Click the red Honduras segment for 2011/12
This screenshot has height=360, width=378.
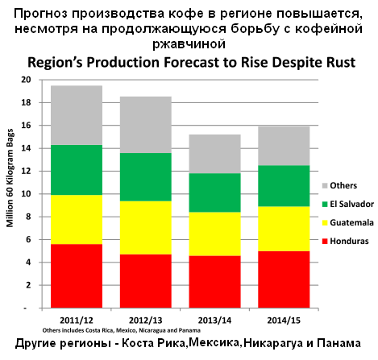77,276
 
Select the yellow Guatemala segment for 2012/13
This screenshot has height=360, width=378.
146,228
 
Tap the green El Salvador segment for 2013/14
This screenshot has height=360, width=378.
214,192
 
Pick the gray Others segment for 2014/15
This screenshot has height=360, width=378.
284,146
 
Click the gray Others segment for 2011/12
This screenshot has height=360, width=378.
77,115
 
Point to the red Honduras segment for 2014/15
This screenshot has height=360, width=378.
284,279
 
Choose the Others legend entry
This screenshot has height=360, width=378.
339,185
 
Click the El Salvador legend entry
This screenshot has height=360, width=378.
348,204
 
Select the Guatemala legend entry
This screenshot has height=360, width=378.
348,222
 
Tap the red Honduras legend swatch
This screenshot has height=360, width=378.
325,241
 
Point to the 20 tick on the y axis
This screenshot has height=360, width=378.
27,80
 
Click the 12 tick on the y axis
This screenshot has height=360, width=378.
27,171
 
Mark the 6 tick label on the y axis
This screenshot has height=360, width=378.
28,239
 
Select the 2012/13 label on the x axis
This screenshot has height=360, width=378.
146,321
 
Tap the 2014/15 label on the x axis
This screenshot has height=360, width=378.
284,321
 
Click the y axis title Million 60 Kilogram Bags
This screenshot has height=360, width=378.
10,178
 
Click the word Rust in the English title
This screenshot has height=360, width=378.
341,63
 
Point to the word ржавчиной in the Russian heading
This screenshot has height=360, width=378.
189,43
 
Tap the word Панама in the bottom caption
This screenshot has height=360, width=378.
339,343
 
